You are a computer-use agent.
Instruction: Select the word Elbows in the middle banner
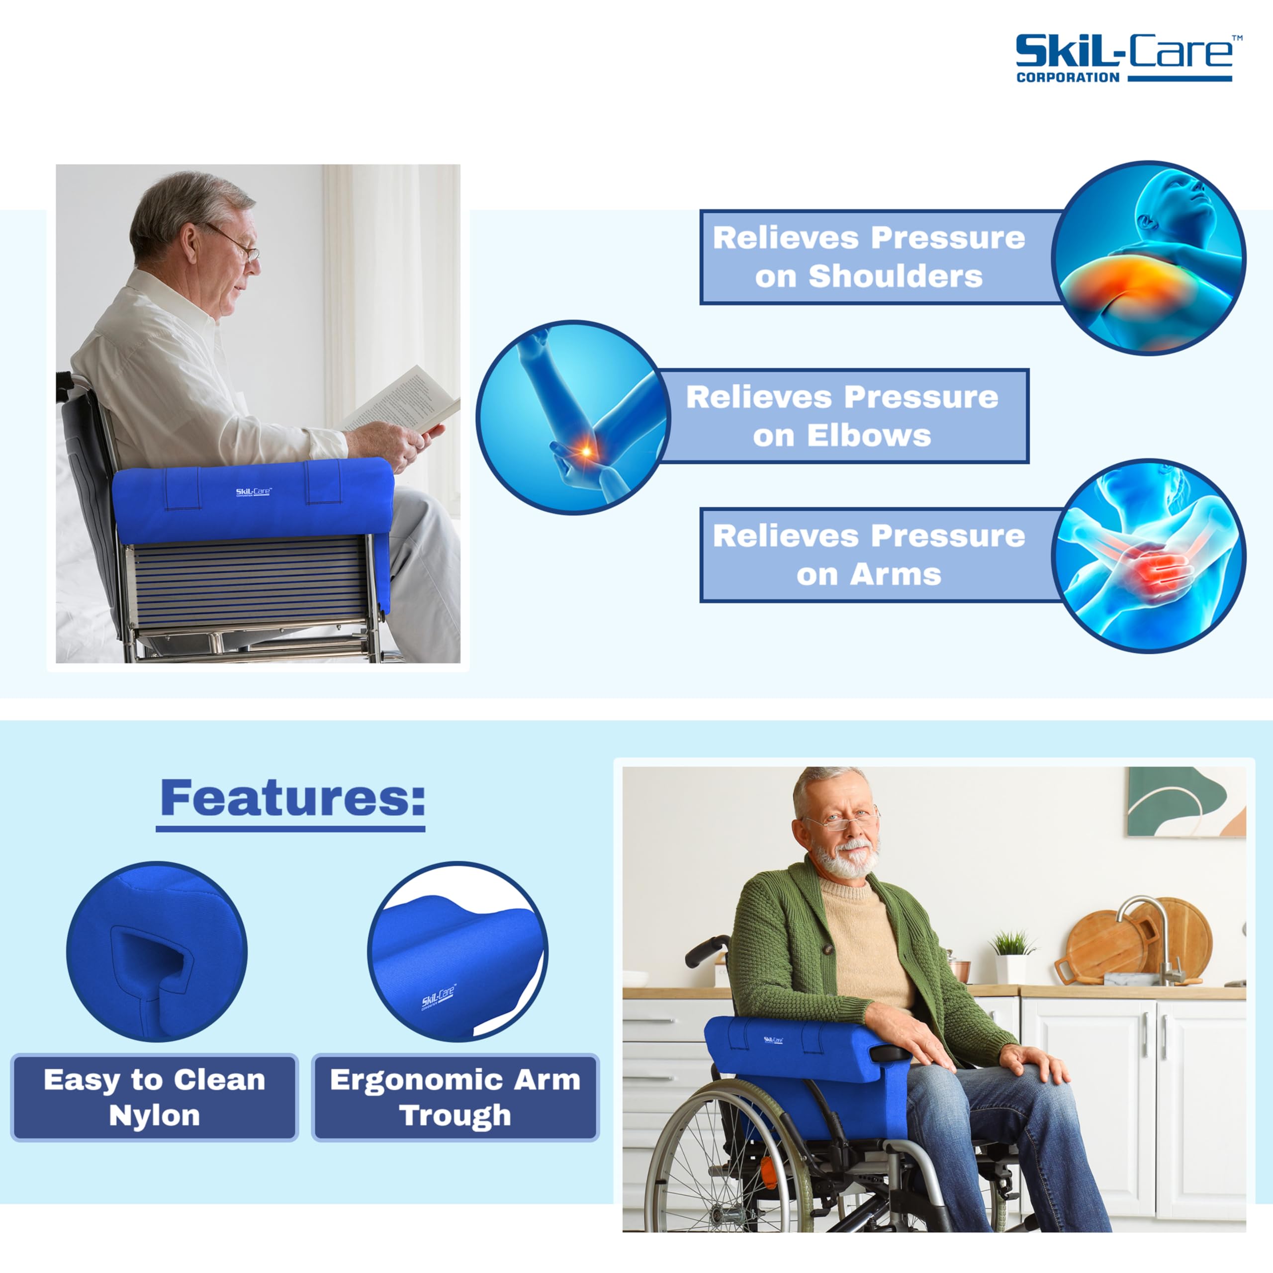[x=869, y=436]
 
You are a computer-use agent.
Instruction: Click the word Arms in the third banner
[x=896, y=574]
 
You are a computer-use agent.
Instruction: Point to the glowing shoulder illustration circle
[x=1149, y=258]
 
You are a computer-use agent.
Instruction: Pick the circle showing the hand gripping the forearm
[x=1149, y=556]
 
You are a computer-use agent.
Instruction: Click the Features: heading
[x=292, y=799]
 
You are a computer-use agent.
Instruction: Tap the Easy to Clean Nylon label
[x=155, y=1098]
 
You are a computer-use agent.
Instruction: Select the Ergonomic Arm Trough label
[x=455, y=1098]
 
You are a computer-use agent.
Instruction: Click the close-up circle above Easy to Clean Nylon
[x=157, y=951]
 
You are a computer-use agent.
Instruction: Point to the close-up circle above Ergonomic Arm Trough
[x=458, y=951]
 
